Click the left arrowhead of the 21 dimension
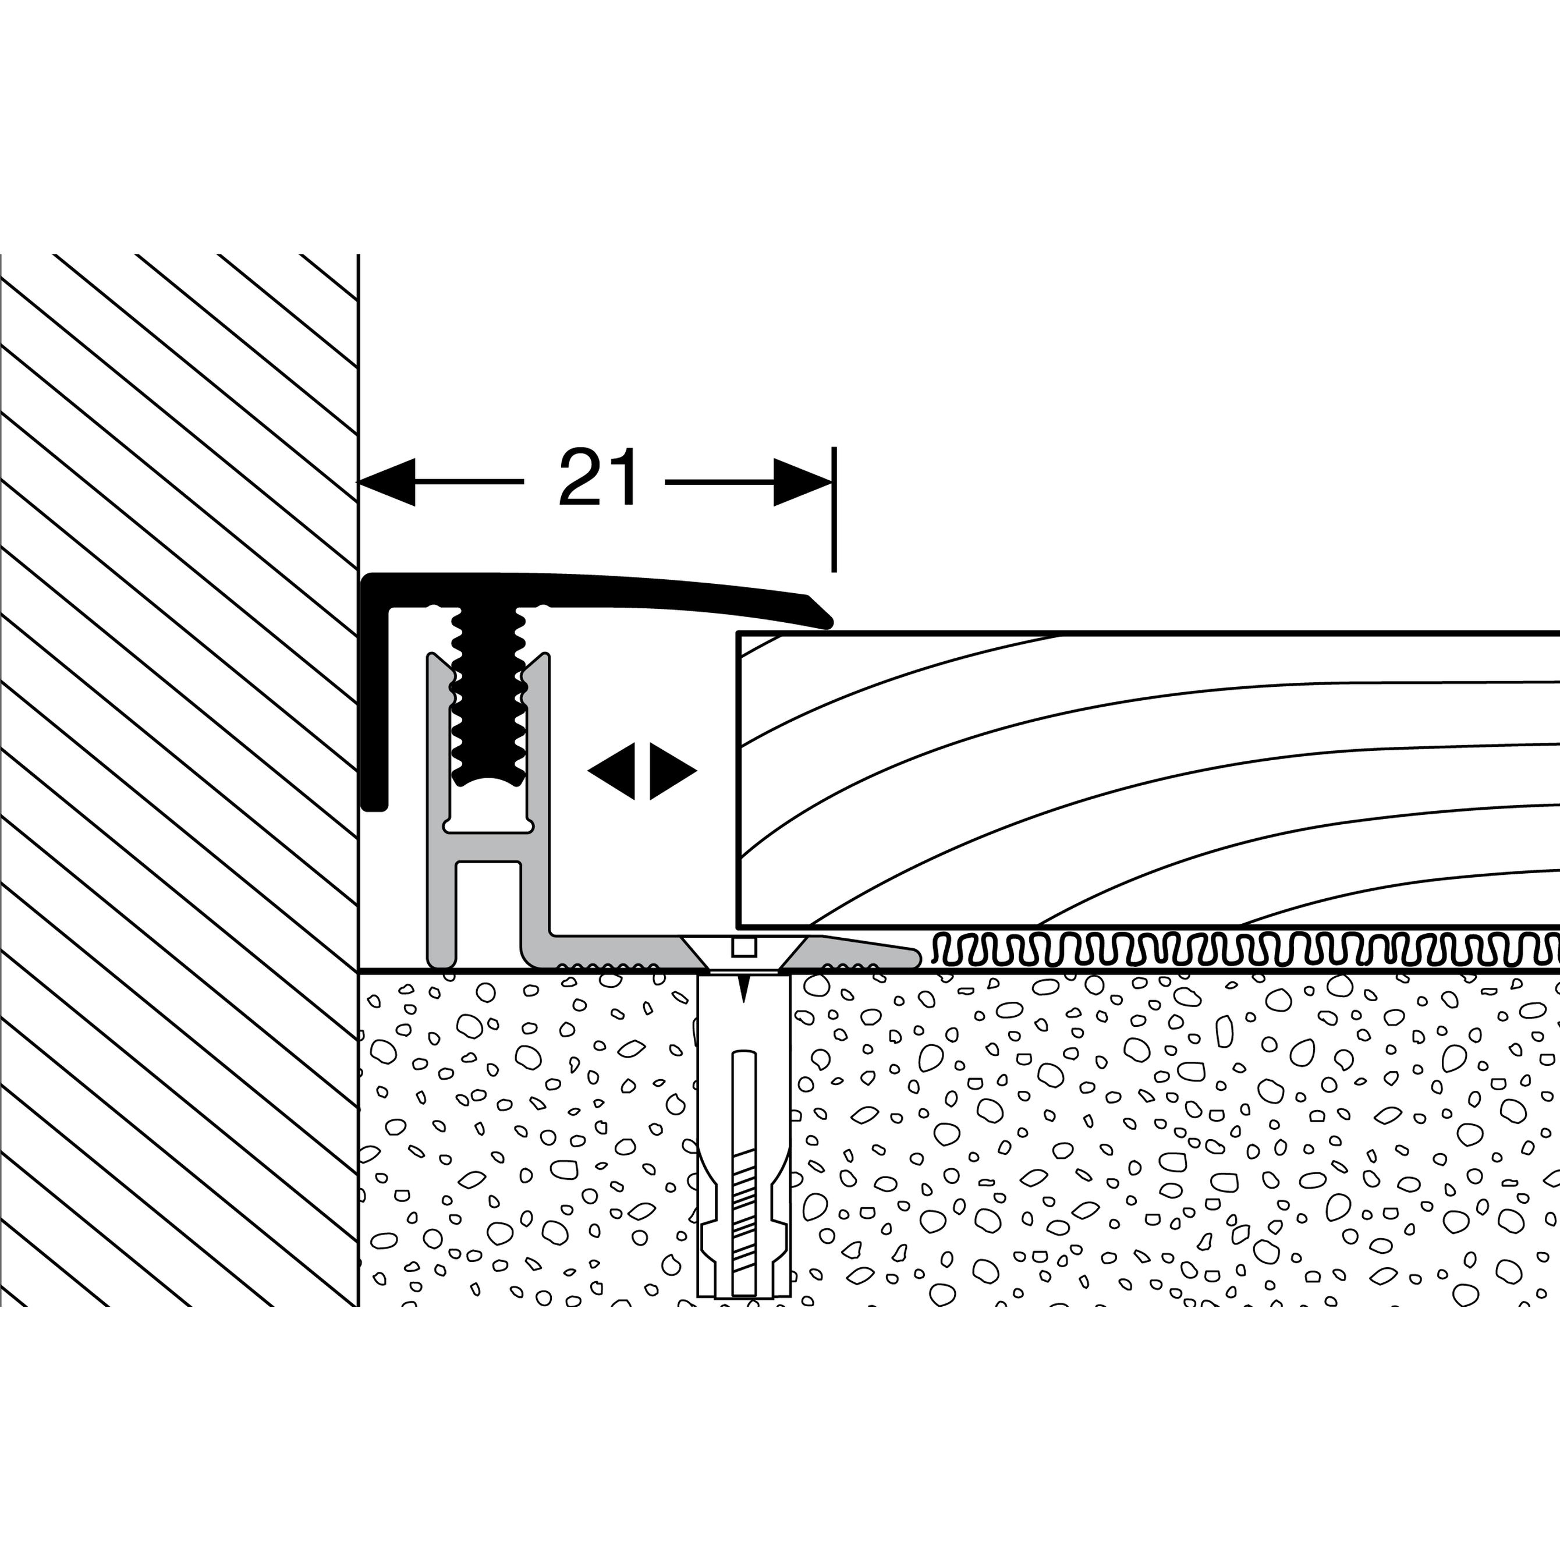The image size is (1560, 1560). tap(386, 482)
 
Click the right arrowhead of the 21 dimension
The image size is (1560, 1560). tap(803, 482)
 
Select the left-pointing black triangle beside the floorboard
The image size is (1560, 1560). tap(611, 771)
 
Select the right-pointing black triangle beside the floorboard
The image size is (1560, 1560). tap(673, 771)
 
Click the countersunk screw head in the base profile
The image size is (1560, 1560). tap(744, 955)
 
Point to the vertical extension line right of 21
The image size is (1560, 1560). tap(834, 509)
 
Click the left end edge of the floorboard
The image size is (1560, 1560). tap(739, 779)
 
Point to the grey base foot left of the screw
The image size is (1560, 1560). tap(614, 953)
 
